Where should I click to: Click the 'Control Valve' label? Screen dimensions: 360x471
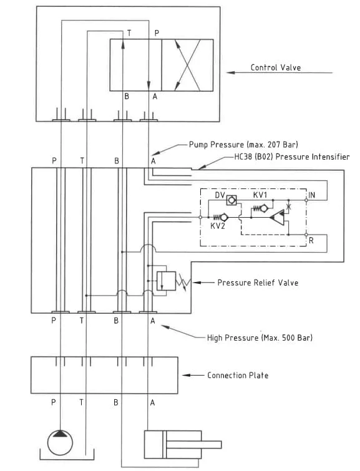(x=276, y=67)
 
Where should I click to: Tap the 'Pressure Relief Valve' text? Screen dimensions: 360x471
(x=258, y=283)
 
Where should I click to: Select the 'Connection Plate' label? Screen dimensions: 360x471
(x=238, y=375)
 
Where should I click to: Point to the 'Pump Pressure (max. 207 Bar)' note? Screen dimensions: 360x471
(x=243, y=145)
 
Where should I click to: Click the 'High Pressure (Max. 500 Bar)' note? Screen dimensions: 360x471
(x=260, y=337)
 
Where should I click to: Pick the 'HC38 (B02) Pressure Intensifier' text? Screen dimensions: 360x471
(x=292, y=157)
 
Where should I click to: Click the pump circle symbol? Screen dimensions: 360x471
(x=60, y=442)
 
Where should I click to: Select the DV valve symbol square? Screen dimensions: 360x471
(x=231, y=200)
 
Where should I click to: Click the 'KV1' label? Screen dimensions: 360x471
(x=260, y=195)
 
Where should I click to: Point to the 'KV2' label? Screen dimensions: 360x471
(x=218, y=226)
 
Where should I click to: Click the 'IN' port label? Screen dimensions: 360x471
(x=311, y=195)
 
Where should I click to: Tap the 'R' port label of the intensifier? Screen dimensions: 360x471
(x=311, y=241)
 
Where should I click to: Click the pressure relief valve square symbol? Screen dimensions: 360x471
(x=166, y=281)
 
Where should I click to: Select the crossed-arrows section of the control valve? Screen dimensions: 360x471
(x=188, y=65)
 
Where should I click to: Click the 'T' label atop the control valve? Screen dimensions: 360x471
(x=129, y=33)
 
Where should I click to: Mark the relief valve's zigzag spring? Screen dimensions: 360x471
(x=183, y=283)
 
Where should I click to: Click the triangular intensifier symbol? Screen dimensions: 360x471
(x=277, y=217)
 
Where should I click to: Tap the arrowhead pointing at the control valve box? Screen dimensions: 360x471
(x=230, y=72)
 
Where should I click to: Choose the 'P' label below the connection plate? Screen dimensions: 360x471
(x=54, y=402)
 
